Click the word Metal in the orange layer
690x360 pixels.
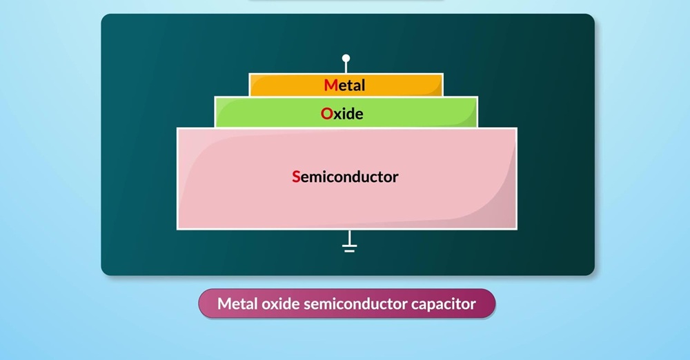[x=345, y=86]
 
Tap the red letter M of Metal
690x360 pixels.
[x=331, y=86]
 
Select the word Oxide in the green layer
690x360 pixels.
[x=342, y=114]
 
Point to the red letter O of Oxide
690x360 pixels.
[x=326, y=114]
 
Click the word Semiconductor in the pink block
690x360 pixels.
[x=346, y=177]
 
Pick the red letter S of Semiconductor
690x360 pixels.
[x=296, y=177]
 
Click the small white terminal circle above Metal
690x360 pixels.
[x=346, y=59]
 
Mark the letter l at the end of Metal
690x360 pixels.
[x=362, y=86]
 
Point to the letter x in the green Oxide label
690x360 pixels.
[x=338, y=114]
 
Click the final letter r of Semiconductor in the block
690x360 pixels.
[x=395, y=177]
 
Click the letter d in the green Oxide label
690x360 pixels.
[x=349, y=114]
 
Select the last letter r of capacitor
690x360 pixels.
[x=473, y=304]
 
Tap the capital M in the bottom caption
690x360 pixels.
[x=224, y=303]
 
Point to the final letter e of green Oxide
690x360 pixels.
[x=359, y=114]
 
